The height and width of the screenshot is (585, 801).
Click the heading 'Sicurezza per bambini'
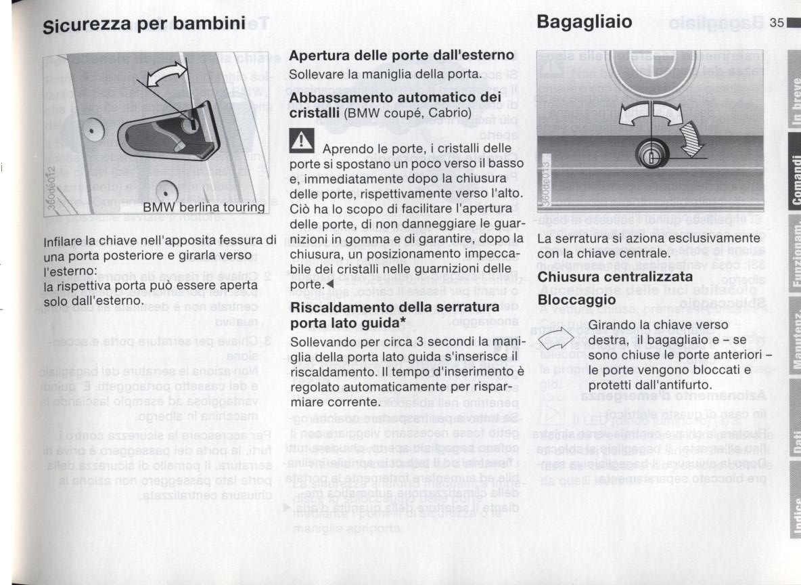coord(143,25)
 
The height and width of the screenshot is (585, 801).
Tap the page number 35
coord(776,23)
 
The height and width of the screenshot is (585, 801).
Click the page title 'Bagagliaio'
coord(585,22)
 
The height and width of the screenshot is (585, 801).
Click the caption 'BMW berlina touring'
coord(203,207)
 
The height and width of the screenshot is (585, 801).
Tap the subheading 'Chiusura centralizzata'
coord(615,277)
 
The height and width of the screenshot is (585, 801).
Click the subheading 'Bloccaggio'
coord(576,299)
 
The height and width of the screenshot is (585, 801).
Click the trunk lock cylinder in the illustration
coord(651,156)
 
